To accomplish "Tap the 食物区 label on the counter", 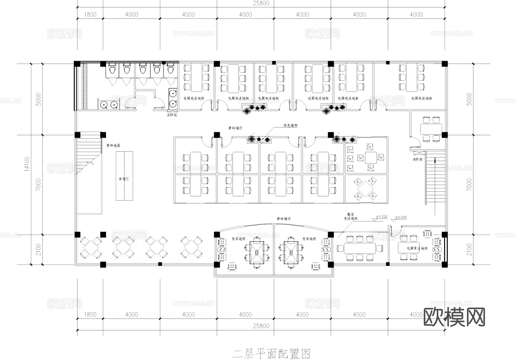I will click(124, 179).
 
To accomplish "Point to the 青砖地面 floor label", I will click(113, 145).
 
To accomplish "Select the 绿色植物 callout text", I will click(290, 125).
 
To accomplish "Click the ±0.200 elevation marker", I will click(382, 217).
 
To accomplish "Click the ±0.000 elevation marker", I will click(401, 217).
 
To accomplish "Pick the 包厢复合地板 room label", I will click(417, 248).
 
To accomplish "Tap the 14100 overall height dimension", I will click(27, 164).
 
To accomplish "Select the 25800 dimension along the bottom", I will click(261, 326).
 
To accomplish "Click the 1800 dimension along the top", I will click(90, 14).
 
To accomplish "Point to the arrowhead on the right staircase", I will click(435, 160).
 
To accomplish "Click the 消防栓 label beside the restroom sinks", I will click(172, 115).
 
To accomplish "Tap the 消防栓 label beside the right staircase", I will click(417, 159).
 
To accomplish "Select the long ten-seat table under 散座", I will click(360, 248).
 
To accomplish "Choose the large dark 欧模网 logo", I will click(454, 317).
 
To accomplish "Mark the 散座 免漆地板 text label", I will click(351, 216).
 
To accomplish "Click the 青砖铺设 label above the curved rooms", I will click(284, 219).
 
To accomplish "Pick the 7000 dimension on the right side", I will click(469, 184).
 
